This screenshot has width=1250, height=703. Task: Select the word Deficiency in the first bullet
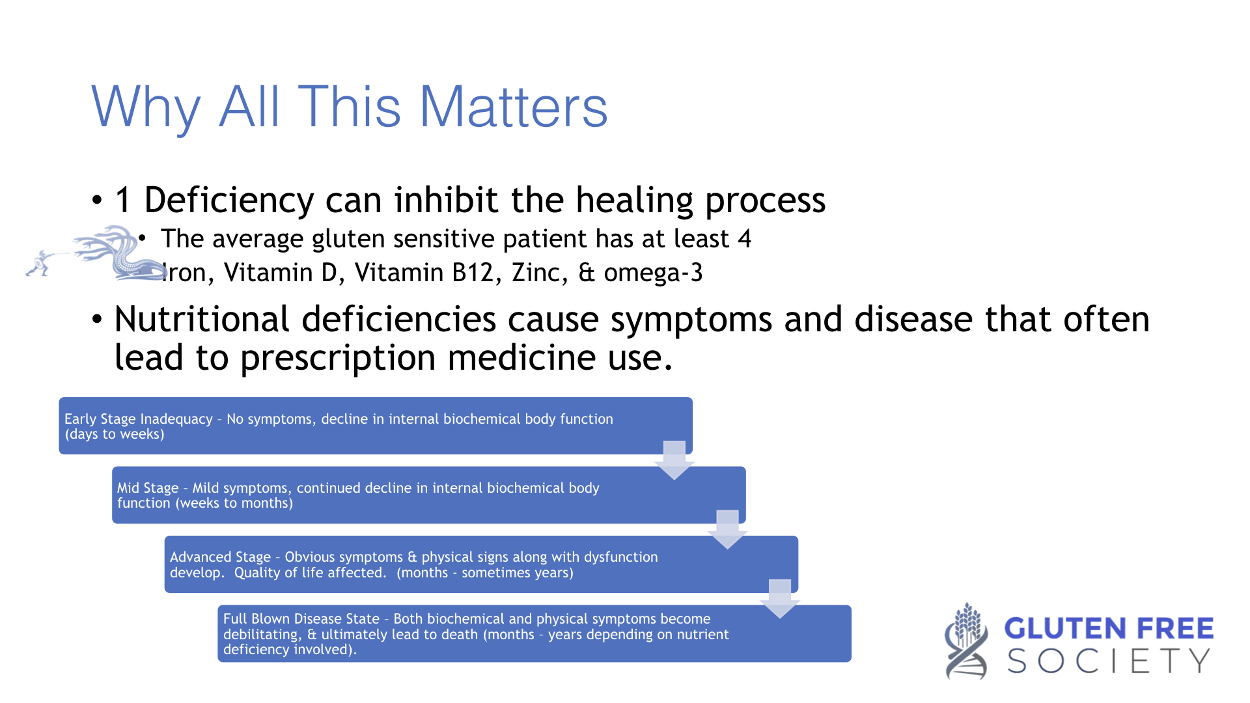[229, 200]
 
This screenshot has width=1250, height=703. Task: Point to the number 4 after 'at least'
[745, 239]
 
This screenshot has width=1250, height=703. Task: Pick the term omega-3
[653, 273]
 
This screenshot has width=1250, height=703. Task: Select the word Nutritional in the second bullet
[202, 320]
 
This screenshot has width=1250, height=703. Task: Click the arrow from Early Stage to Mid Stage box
[674, 460]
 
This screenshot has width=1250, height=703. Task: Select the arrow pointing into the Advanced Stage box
[727, 529]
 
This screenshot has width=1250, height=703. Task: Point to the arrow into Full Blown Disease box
[780, 598]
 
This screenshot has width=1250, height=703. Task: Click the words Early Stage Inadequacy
[139, 419]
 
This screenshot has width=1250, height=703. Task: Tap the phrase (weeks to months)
[234, 503]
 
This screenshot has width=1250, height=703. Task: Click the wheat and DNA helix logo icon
[967, 641]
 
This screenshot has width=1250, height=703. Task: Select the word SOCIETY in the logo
[1109, 661]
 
